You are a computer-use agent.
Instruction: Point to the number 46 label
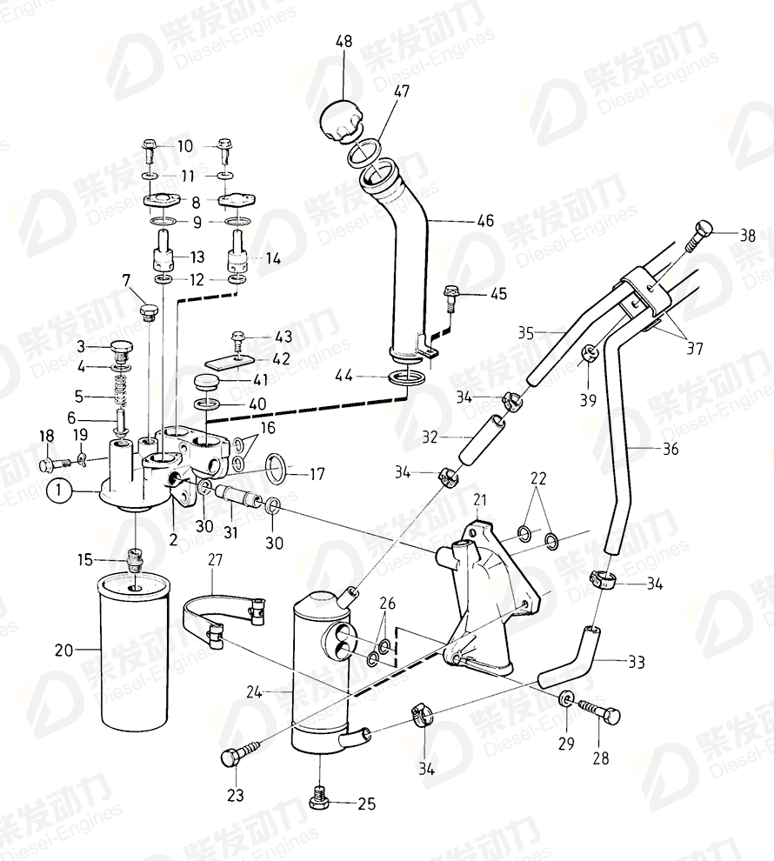[x=485, y=221]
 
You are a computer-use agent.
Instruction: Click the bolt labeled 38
[x=700, y=234]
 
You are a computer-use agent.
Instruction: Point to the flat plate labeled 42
[x=228, y=357]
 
